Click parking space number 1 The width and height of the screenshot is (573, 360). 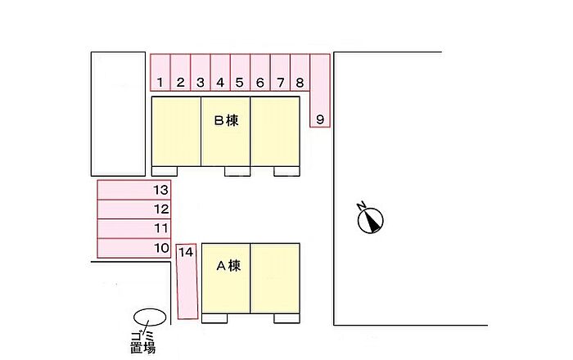click(160, 72)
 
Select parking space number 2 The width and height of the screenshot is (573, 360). click(180, 72)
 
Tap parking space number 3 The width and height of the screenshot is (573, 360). click(201, 72)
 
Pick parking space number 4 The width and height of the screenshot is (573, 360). click(220, 72)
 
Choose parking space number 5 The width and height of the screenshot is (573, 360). click(240, 72)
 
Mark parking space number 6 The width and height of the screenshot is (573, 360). click(259, 72)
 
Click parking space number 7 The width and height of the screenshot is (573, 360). click(280, 72)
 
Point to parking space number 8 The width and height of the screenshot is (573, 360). click(300, 72)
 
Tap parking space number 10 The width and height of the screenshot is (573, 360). click(134, 248)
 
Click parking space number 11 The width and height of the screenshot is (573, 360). click(134, 228)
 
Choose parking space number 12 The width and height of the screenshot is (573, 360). click(134, 209)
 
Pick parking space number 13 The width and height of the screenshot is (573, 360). click(134, 190)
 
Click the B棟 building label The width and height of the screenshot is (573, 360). click(227, 120)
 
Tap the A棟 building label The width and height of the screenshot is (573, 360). click(228, 266)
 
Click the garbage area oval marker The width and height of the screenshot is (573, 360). click(150, 317)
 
